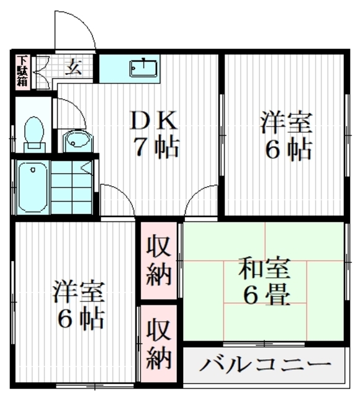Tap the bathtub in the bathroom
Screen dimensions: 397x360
(x=32, y=185)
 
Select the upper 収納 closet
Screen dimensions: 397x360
(x=158, y=261)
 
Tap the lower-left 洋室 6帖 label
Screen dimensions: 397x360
(x=78, y=305)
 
